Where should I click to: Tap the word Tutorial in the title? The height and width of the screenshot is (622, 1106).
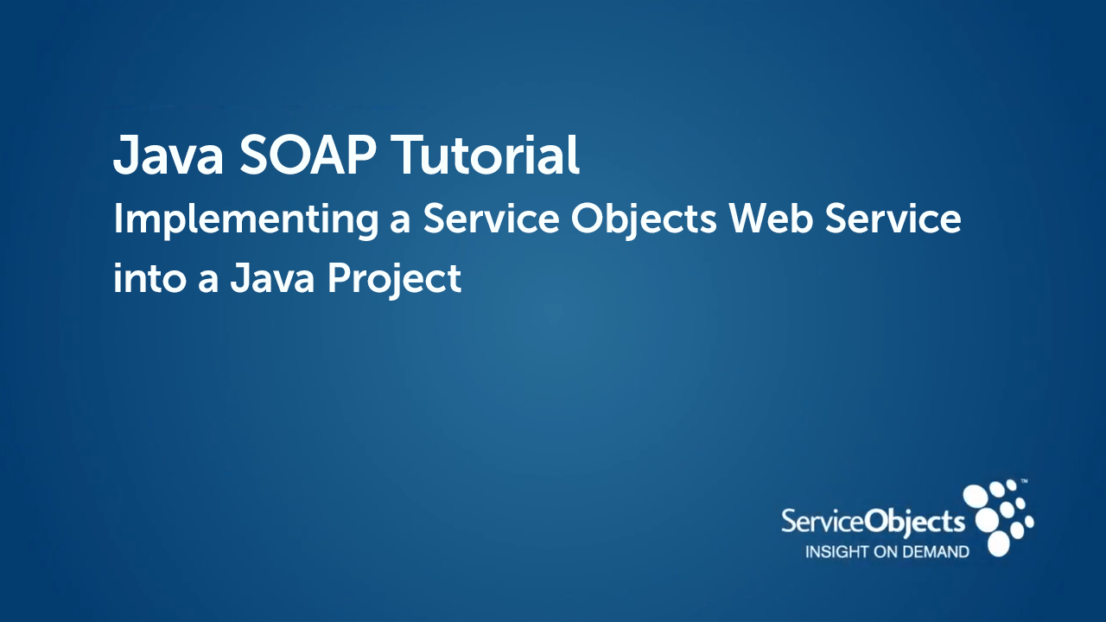(486, 155)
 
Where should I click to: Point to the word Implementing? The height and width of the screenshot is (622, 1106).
(245, 220)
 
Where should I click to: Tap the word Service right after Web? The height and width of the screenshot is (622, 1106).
(893, 219)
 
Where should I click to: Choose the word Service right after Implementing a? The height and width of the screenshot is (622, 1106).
(490, 219)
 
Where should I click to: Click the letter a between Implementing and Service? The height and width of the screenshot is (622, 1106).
(399, 222)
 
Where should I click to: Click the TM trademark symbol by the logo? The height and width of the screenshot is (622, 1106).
(1024, 480)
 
